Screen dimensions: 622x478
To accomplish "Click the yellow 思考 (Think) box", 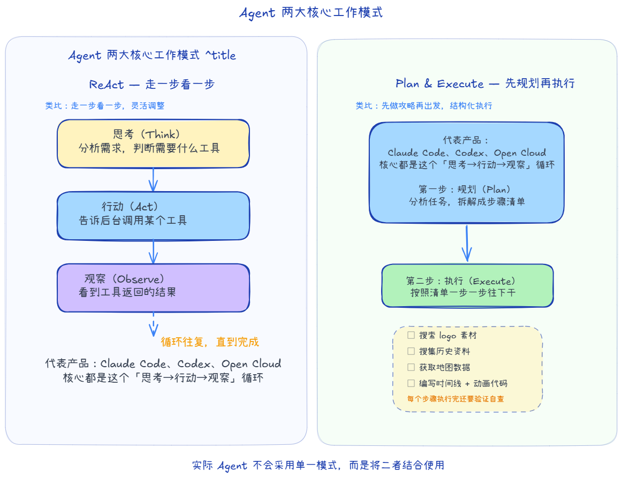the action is click(153, 143).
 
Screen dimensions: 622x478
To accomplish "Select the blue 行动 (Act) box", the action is click(153, 216).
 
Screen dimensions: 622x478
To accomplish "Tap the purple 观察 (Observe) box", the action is click(153, 288).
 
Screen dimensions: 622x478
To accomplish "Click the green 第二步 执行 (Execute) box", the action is click(467, 286).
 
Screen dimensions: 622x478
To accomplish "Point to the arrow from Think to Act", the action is click(153, 180).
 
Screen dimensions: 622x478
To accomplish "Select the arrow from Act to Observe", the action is click(153, 252).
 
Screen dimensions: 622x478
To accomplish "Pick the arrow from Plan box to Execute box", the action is click(467, 243).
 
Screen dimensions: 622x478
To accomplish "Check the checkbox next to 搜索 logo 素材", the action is click(411, 335).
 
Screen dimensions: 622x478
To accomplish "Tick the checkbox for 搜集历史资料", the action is click(411, 351).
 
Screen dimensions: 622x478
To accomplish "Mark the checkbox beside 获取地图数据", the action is click(411, 367).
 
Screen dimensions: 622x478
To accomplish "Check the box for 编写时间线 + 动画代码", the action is click(411, 383).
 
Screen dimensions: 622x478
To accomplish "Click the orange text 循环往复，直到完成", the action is click(210, 342).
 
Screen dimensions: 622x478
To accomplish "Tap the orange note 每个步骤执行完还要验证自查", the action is click(456, 399).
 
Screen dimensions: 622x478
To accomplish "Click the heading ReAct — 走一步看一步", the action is click(151, 84).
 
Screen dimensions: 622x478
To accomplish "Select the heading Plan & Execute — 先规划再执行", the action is click(485, 84).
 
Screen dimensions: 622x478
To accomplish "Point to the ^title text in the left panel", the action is click(221, 55).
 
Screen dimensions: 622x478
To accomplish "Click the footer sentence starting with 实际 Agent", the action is click(318, 465).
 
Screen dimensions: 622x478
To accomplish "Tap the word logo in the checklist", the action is click(448, 336).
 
